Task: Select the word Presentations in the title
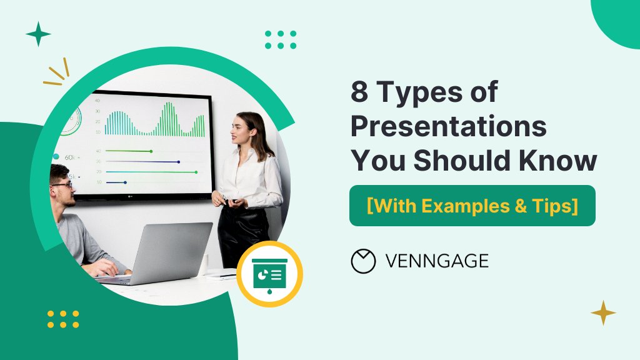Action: [x=448, y=127]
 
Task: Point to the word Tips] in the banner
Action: [x=553, y=206]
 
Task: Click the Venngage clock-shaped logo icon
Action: [x=363, y=261]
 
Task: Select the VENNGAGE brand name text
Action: [x=437, y=261]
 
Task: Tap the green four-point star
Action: [x=38, y=34]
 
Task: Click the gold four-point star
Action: [x=603, y=312]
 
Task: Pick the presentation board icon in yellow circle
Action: [x=270, y=274]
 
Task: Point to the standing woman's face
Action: [x=242, y=130]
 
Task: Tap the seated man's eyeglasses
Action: [x=61, y=185]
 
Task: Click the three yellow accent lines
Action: [x=56, y=73]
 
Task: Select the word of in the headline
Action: [x=485, y=93]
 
